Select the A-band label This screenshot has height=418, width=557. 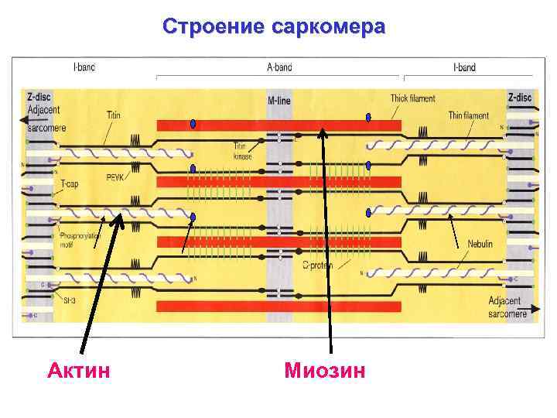click(x=279, y=67)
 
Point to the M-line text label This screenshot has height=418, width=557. click(x=280, y=101)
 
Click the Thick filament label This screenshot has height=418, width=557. click(x=412, y=98)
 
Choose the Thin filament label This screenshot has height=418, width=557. click(x=469, y=115)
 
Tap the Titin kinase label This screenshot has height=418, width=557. click(x=242, y=151)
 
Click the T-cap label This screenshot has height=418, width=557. click(x=70, y=183)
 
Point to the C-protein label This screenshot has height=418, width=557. click(x=317, y=264)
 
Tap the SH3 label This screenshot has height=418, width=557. click(x=69, y=299)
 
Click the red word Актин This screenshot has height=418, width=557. click(x=78, y=370)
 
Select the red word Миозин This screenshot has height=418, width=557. click(x=324, y=370)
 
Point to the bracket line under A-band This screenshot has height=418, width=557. click(x=279, y=77)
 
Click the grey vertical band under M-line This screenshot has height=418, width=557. click(x=280, y=209)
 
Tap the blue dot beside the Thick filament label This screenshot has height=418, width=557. click(x=369, y=118)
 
